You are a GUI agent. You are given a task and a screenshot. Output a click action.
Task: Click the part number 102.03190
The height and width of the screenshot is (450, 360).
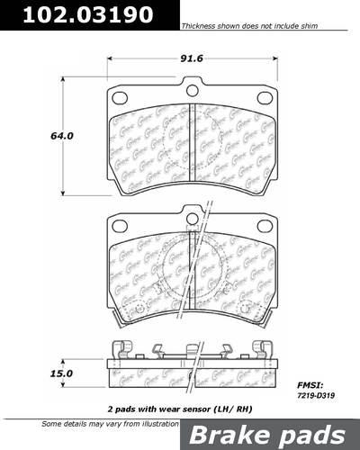tap(76, 15)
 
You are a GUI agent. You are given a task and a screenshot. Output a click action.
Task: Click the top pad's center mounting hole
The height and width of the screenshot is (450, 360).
tap(192, 87)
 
